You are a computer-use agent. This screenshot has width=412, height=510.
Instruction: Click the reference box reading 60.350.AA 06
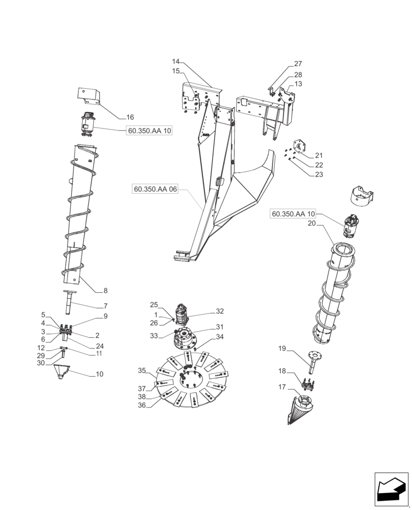pos(156,189)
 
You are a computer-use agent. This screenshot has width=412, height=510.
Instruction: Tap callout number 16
pos(116,117)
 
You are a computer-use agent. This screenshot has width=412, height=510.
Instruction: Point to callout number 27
pos(298,64)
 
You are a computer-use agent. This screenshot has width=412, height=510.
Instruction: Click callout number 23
pos(319,174)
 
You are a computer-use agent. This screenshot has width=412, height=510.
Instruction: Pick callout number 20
pos(312,224)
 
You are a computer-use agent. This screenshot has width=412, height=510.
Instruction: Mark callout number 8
pos(105,291)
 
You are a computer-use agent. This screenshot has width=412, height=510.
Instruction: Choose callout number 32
pos(220,311)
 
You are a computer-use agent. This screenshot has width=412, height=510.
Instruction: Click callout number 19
pos(282,349)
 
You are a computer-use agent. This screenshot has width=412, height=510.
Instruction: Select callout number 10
pos(99,374)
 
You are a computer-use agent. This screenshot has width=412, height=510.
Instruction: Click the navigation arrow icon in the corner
pos(391,489)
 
